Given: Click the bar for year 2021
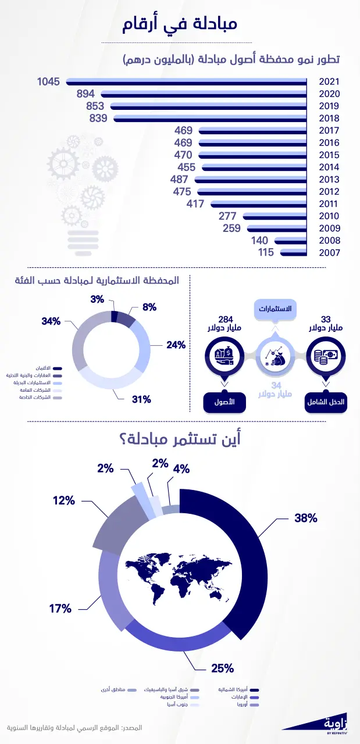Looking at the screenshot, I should click(186, 83).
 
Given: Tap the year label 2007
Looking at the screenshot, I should click(329, 253).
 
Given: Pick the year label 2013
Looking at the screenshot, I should click(329, 180).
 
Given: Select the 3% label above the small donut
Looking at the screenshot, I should click(97, 299).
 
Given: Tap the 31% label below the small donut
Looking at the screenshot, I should click(141, 399).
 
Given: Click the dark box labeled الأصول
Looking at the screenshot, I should click(223, 402).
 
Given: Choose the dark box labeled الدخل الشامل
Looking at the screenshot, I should click(326, 402).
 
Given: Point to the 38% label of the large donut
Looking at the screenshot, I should click(305, 517).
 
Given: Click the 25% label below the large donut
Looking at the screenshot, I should click(222, 668).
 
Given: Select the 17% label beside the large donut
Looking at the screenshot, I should click(60, 609).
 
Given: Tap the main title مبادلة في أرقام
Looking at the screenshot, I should click(180, 25).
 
